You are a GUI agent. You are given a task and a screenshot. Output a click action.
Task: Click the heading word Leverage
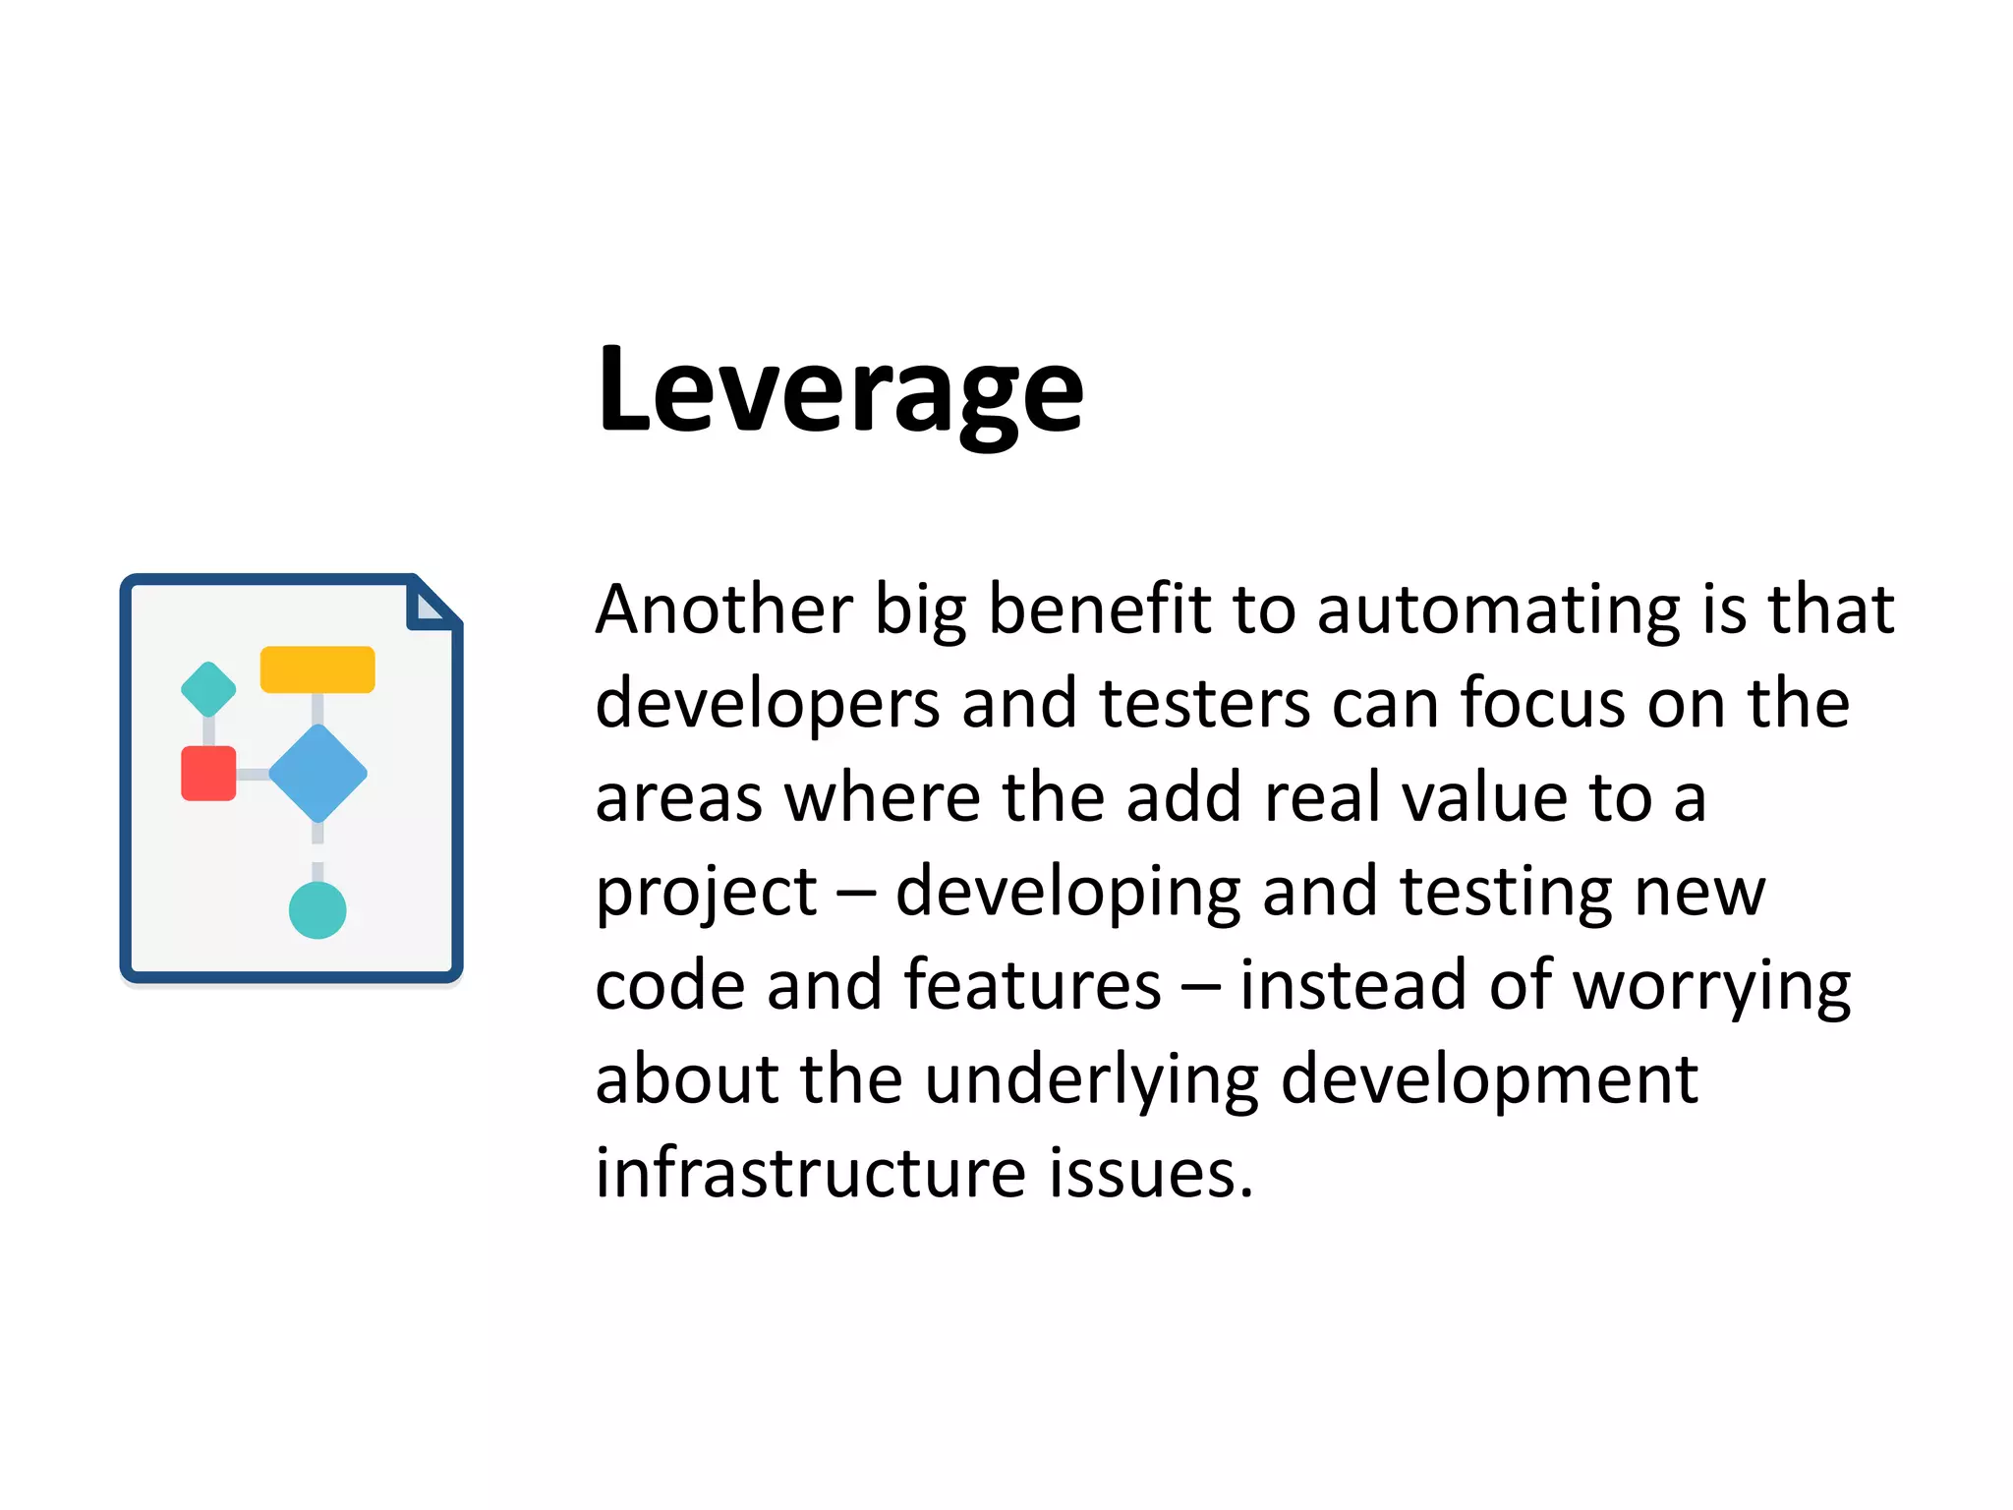point(840,390)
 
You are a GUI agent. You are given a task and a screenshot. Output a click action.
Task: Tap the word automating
point(1498,610)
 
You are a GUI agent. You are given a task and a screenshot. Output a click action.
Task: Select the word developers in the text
point(768,706)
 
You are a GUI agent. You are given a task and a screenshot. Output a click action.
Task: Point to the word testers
point(1205,704)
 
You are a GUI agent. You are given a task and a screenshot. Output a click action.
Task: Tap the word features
point(1032,984)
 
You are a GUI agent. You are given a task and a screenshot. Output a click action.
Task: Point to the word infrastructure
point(811,1172)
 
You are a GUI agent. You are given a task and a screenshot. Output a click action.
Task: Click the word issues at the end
point(1150,1172)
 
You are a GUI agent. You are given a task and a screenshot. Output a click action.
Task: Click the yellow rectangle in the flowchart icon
point(317,669)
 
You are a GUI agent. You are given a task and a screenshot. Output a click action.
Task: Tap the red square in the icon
point(208,774)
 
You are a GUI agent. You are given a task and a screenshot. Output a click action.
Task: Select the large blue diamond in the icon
point(317,774)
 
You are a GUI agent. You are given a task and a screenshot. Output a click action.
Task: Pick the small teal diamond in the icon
point(208,689)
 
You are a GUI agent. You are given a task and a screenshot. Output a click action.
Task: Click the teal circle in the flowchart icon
point(317,910)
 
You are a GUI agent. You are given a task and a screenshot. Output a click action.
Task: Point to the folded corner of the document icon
point(431,605)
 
